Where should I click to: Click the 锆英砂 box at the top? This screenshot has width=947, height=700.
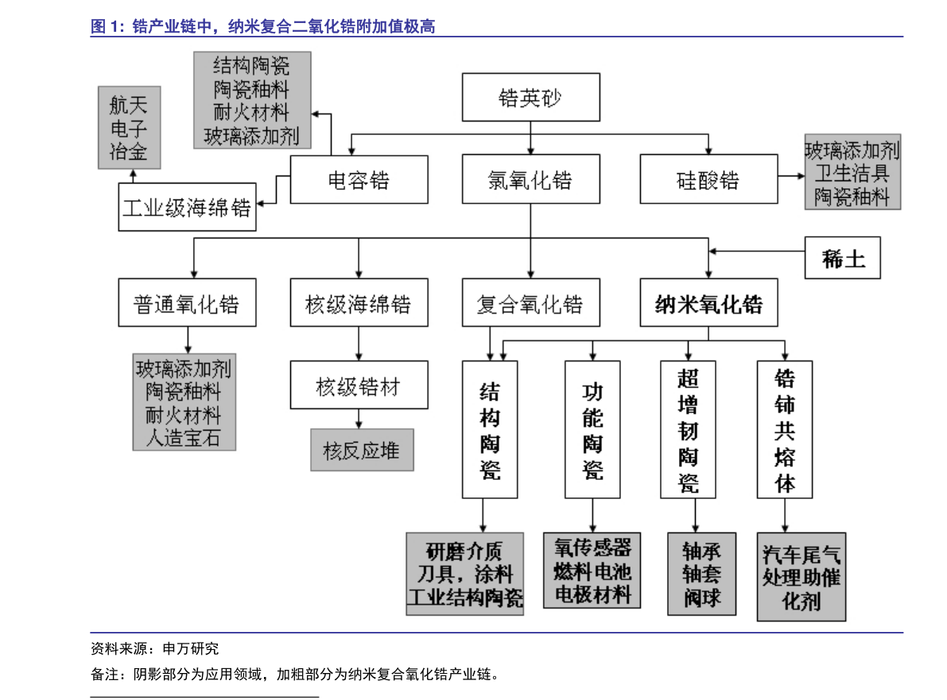(x=530, y=98)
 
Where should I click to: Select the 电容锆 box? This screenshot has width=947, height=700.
(x=359, y=180)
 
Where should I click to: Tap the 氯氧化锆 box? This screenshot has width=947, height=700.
(x=530, y=180)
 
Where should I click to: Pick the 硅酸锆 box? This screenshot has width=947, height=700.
(x=708, y=180)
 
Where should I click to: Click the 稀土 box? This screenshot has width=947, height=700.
(x=842, y=258)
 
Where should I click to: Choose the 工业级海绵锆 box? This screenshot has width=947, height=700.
(x=187, y=207)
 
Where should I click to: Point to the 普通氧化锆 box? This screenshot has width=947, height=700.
(x=187, y=303)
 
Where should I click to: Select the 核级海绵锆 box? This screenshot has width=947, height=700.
(x=359, y=303)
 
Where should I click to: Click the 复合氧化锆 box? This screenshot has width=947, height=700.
(x=530, y=303)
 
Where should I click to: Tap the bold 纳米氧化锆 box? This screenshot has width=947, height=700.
(x=708, y=303)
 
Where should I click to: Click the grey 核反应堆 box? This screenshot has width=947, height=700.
(x=362, y=451)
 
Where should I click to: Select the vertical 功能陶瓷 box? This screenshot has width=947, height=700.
(x=592, y=429)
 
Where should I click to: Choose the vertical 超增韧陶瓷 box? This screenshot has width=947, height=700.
(x=688, y=429)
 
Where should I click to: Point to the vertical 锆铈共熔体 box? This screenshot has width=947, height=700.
(x=785, y=429)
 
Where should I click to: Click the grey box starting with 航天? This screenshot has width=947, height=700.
(x=129, y=127)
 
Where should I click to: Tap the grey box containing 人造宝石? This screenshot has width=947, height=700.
(x=184, y=402)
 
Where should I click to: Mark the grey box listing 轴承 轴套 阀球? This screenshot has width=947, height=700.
(x=701, y=574)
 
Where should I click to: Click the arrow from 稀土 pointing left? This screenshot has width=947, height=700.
(x=756, y=251)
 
